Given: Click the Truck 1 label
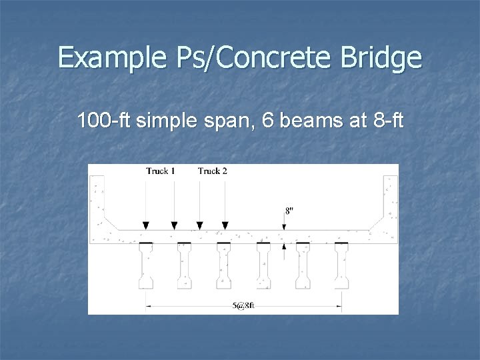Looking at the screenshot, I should tap(160, 171).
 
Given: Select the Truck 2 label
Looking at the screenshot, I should tap(212, 171).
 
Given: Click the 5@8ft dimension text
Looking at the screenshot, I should tap(244, 307).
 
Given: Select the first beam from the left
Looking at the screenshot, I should tap(145, 267).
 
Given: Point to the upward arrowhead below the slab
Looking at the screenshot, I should tap(284, 246).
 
